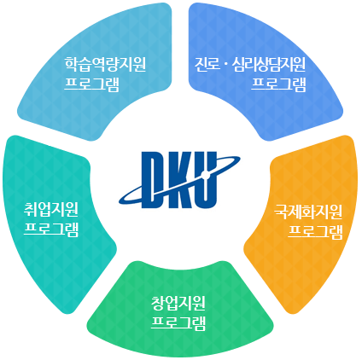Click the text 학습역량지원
(x=105, y=64)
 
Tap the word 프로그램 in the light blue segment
(x=91, y=84)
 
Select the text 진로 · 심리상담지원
(x=250, y=64)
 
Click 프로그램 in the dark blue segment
(x=278, y=84)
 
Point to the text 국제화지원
(x=308, y=212)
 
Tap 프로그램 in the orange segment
(x=315, y=232)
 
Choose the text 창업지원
(x=178, y=303)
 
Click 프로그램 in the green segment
(x=178, y=323)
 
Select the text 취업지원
(x=51, y=209)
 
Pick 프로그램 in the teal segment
(x=51, y=229)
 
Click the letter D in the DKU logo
(x=154, y=179)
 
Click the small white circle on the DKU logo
(x=206, y=175)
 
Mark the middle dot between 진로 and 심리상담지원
(x=226, y=65)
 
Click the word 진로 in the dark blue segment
(x=207, y=64)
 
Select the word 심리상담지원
(x=269, y=64)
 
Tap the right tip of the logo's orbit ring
(x=240, y=158)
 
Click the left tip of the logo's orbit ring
(x=120, y=201)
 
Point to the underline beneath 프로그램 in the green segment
(x=178, y=329)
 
